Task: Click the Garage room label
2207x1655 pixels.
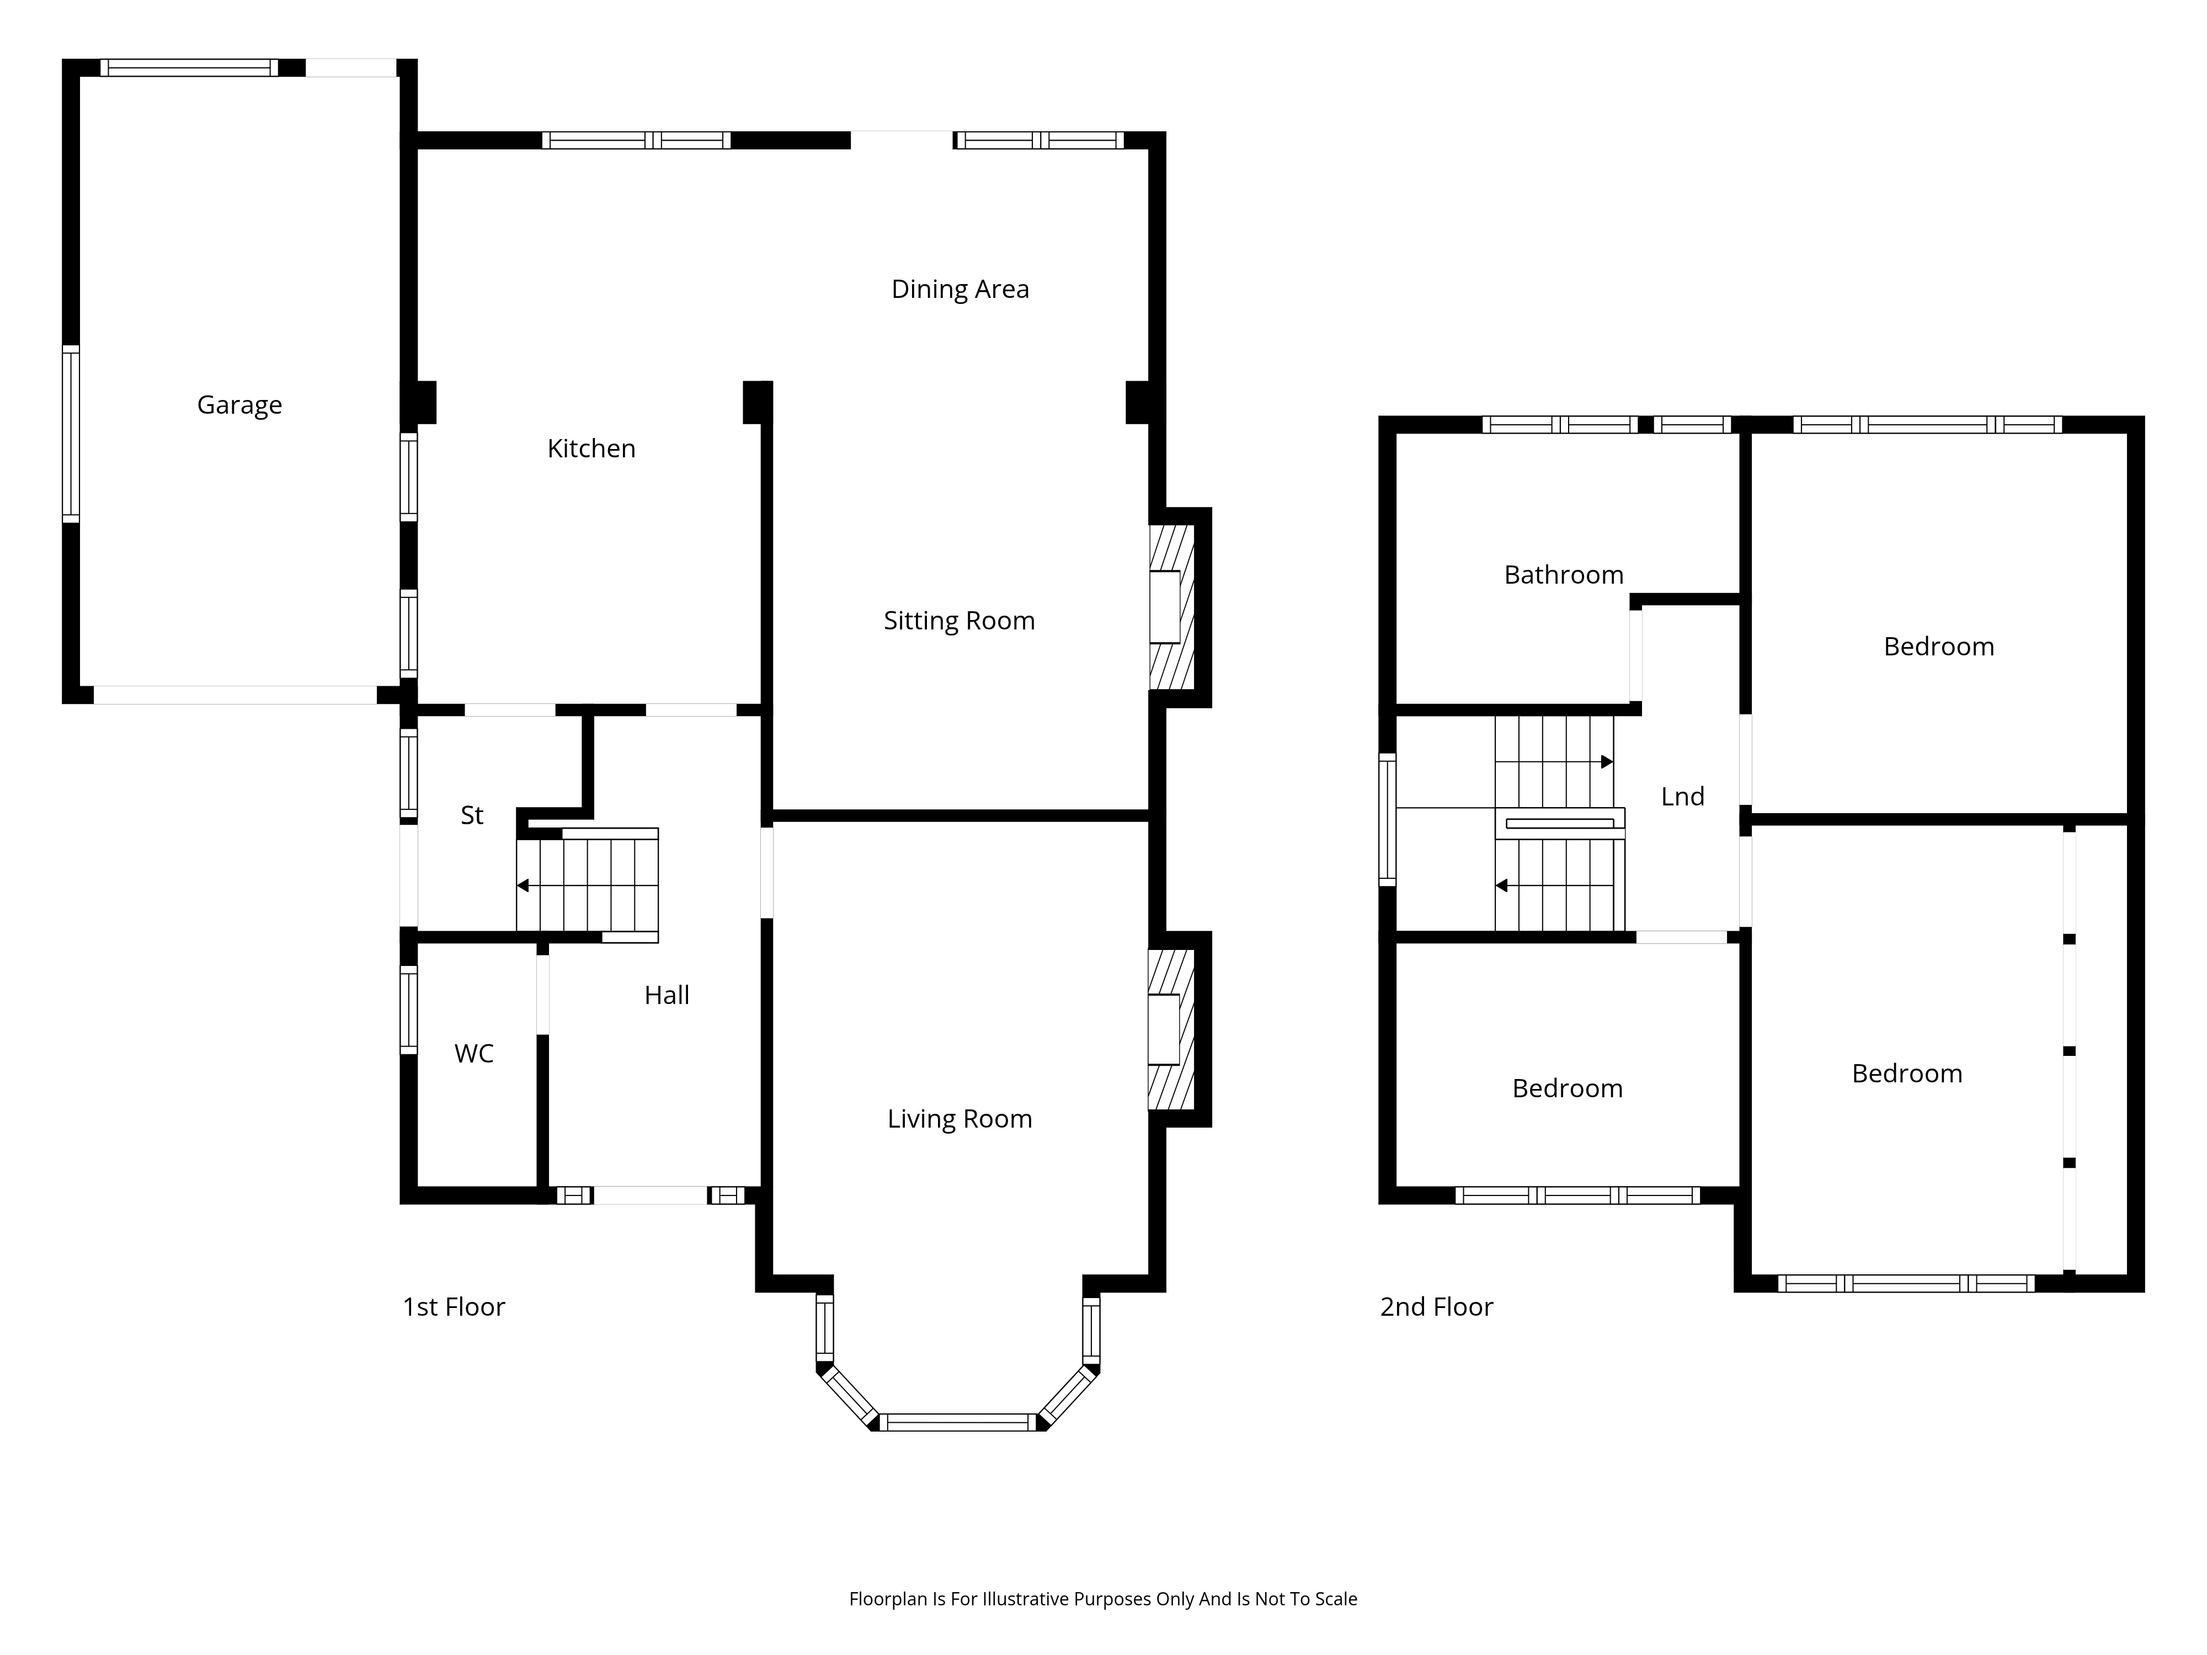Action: [x=239, y=405]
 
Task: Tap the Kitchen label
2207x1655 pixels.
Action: [x=591, y=449]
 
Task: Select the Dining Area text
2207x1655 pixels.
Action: [x=960, y=289]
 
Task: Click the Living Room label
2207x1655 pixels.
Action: [x=960, y=1119]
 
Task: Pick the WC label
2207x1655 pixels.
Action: [x=474, y=1054]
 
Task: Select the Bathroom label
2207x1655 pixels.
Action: [x=1564, y=575]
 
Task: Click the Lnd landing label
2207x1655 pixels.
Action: [x=1682, y=796]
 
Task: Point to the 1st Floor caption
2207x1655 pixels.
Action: [x=454, y=1307]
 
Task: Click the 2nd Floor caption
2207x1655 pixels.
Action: [x=1437, y=1307]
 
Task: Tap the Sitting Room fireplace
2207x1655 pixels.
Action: [x=1171, y=606]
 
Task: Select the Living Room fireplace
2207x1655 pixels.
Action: [x=1171, y=1029]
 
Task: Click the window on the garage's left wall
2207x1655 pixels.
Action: [x=71, y=434]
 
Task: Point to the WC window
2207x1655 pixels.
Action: [x=408, y=1010]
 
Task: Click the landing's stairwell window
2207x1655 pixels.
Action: [x=1387, y=820]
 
